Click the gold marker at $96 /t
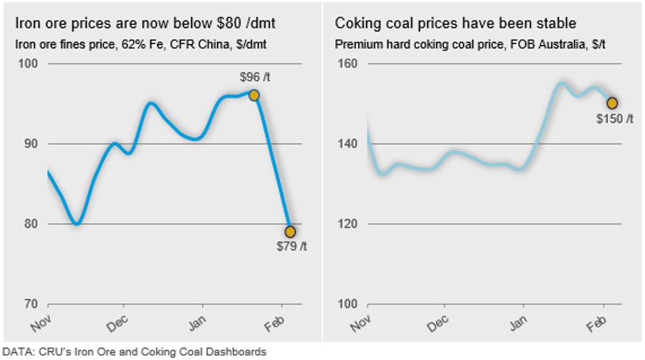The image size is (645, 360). tap(254, 95)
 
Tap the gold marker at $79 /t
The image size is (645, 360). tap(290, 231)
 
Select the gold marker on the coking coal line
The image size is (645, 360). tap(612, 103)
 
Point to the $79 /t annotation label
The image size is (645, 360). tap(291, 247)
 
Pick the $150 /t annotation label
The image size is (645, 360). tap(615, 119)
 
